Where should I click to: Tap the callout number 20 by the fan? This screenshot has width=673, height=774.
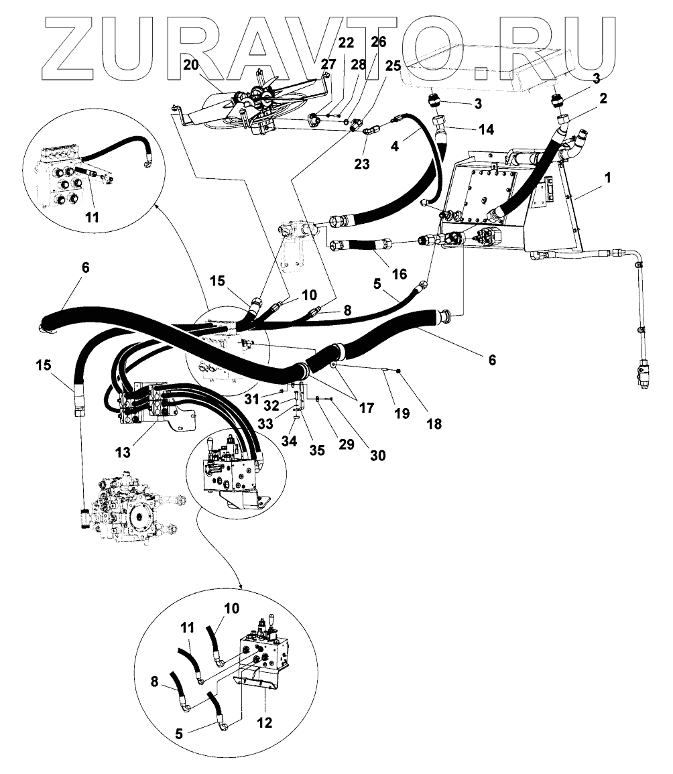(192, 65)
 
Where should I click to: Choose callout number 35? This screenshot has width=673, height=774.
(316, 450)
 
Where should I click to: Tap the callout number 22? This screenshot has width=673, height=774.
(346, 43)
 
